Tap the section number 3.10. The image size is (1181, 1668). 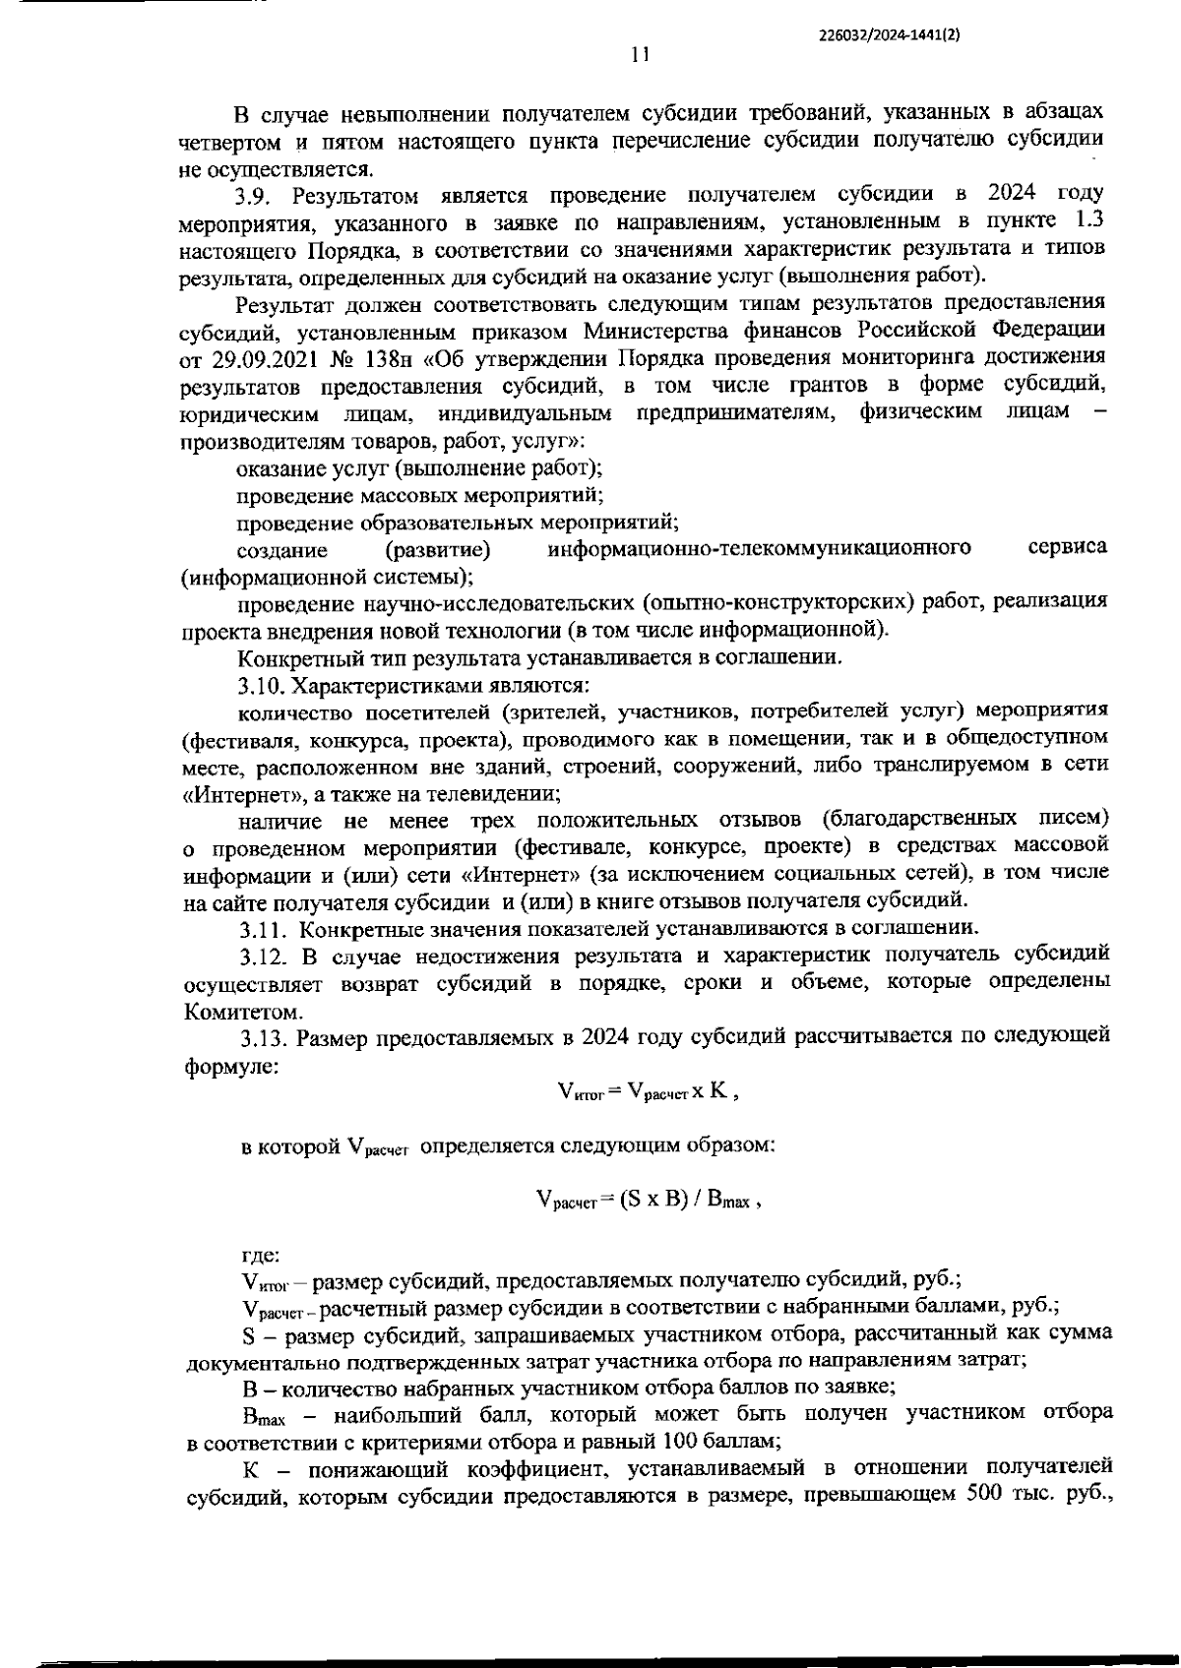[264, 684]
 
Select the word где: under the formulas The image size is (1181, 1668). [261, 1255]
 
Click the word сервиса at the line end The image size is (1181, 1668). [1067, 547]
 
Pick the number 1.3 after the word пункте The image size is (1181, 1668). [1093, 220]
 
